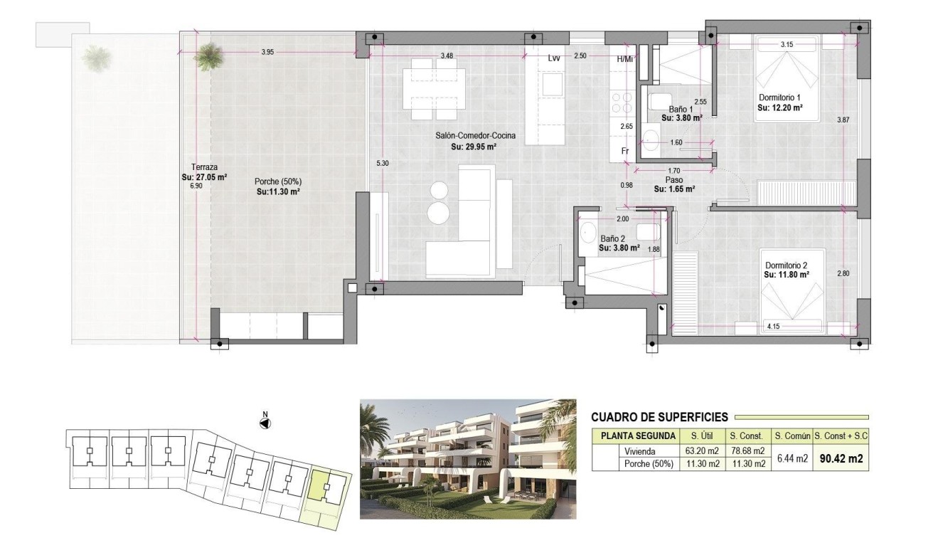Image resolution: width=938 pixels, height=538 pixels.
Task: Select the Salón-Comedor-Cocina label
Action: coord(476,136)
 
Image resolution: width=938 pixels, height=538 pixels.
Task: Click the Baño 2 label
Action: coord(612,239)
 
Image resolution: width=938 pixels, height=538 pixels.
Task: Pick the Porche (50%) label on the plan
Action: coord(277,181)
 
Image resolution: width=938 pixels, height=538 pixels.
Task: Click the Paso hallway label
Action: coord(674,181)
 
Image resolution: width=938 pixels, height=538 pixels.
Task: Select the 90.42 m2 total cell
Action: coord(841,459)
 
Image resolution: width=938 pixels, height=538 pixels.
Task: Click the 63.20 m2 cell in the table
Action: coord(700,451)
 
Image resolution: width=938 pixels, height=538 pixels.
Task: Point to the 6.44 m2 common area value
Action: coord(792,459)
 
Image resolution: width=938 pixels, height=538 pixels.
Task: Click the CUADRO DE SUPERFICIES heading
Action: coord(659,418)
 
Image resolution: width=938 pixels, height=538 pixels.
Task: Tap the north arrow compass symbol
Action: coord(265,423)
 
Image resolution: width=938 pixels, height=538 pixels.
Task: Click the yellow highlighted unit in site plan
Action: coord(327,490)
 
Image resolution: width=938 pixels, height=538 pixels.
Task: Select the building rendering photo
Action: coord(467,459)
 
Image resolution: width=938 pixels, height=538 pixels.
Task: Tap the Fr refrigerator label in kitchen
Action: coord(624,152)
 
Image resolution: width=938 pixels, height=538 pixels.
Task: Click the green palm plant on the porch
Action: coord(208,56)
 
